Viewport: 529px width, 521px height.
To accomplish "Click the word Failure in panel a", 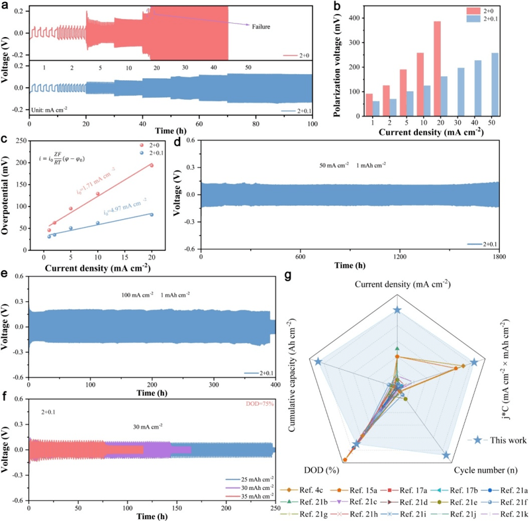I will point(260,25).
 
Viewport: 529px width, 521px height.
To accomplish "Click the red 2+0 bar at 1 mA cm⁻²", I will point(350,105).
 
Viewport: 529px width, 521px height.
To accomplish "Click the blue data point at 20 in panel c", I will point(152,214).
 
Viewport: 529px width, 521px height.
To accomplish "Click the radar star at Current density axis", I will point(397,310).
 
